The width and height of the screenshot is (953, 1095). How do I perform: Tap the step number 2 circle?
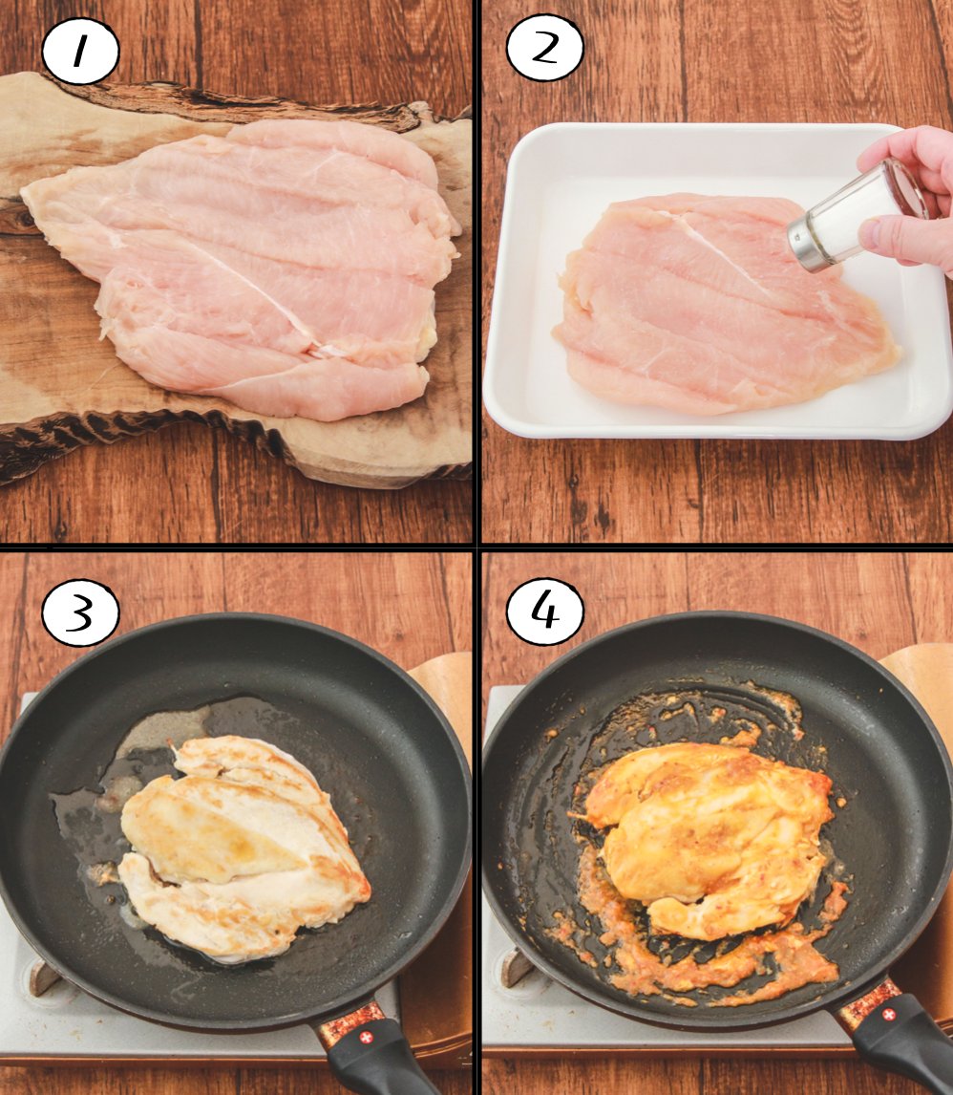click(545, 48)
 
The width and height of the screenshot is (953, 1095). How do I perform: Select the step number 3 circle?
click(80, 614)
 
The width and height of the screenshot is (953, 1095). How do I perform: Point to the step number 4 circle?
click(545, 612)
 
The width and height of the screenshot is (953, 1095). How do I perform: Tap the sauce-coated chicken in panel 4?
click(709, 838)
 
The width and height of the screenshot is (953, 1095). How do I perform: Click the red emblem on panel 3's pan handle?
click(366, 1037)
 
